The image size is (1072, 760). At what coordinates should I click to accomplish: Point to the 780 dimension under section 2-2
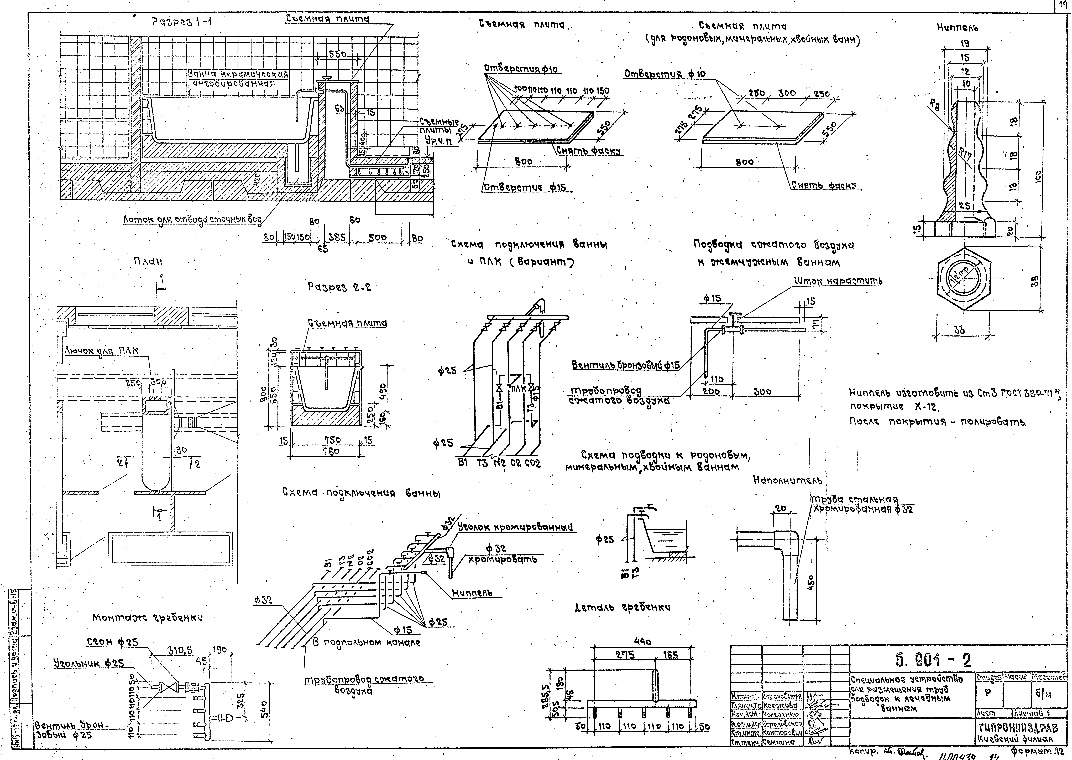(x=331, y=451)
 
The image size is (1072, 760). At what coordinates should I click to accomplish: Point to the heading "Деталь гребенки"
(x=622, y=607)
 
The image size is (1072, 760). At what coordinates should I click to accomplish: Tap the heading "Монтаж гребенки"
(x=147, y=618)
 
